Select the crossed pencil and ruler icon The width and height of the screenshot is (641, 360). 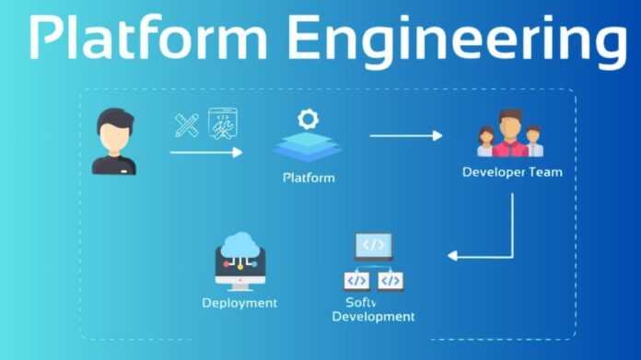tap(187, 124)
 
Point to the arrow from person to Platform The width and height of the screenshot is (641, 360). tap(206, 152)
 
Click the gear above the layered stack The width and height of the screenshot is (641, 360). tap(307, 119)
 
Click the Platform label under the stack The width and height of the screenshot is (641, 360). tap(309, 177)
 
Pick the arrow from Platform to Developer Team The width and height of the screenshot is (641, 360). tap(406, 135)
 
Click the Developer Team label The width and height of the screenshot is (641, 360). tap(511, 172)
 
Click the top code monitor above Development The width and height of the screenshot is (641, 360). tap(373, 246)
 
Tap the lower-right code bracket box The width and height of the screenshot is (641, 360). tap(390, 280)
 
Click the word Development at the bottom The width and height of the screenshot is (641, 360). tap(373, 317)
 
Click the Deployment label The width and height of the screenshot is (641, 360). tap(239, 302)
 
